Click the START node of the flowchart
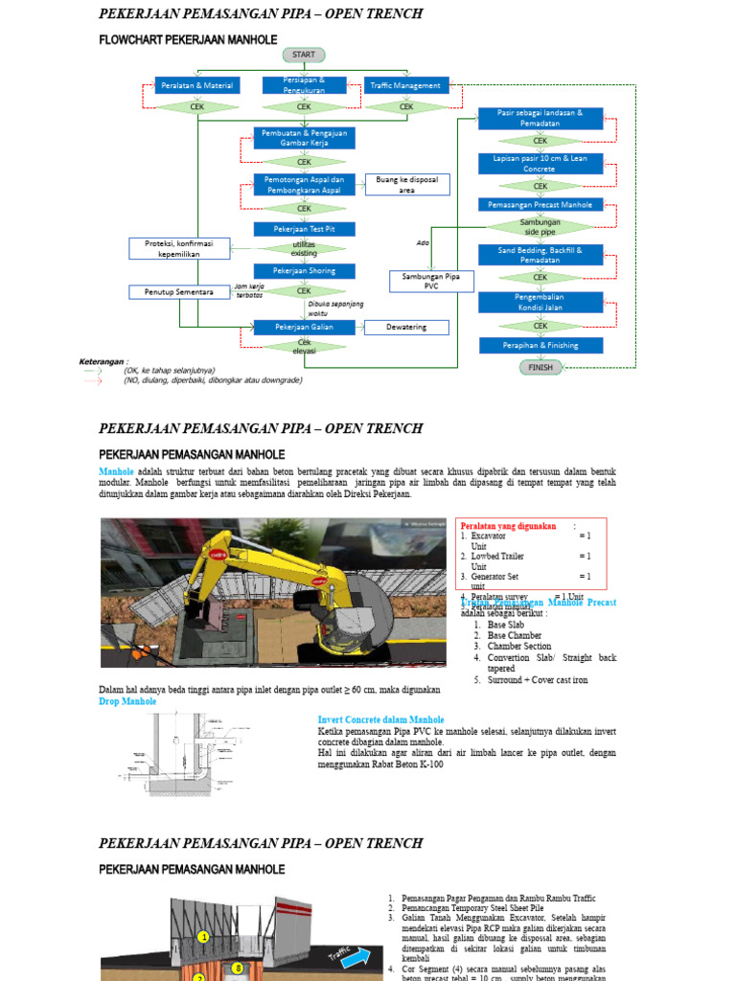click(303, 55)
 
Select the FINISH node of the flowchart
click(540, 367)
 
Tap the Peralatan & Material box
click(197, 85)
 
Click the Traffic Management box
click(406, 85)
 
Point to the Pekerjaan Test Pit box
click(304, 229)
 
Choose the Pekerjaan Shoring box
click(304, 271)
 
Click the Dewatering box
click(406, 327)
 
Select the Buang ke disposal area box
click(406, 184)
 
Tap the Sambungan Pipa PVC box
click(430, 281)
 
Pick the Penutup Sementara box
click(179, 291)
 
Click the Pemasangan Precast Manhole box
click(540, 204)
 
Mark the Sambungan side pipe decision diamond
click(540, 227)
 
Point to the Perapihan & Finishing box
click(540, 345)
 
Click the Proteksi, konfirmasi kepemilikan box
click(179, 248)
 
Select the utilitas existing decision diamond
click(304, 249)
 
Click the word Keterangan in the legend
click(102, 361)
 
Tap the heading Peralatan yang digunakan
click(508, 526)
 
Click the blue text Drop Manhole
click(128, 701)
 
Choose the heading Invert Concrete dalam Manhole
click(380, 719)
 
